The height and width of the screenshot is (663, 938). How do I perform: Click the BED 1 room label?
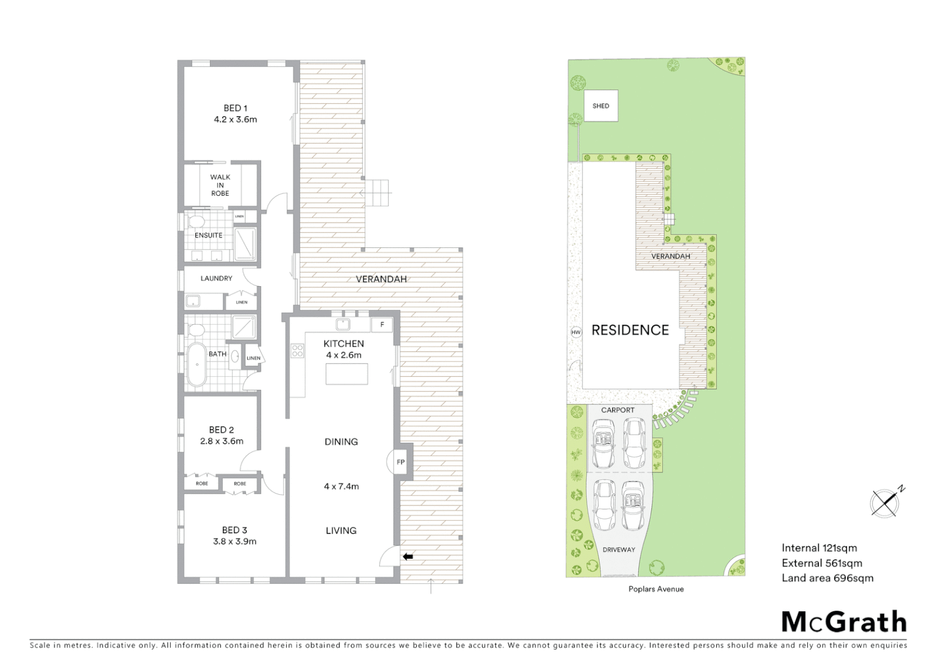[x=235, y=109]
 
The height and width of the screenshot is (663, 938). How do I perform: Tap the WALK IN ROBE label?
[x=220, y=185]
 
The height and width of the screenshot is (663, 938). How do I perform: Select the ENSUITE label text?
[x=209, y=235]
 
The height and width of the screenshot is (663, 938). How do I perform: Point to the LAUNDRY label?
[x=216, y=278]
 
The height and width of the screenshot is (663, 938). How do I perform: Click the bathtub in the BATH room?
[x=196, y=365]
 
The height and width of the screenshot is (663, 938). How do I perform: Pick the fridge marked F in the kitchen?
[x=382, y=324]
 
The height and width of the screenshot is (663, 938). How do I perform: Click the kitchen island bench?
[x=347, y=374]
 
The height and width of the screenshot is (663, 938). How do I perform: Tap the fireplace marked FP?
[x=400, y=462]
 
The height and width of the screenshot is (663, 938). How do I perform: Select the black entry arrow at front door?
[x=408, y=557]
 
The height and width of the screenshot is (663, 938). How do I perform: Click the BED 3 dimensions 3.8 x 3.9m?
[x=234, y=541]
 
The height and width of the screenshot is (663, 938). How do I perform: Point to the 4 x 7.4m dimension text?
[x=341, y=486]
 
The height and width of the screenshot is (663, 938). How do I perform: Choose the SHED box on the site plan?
[x=600, y=106]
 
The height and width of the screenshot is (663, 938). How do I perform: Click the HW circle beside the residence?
[x=576, y=332]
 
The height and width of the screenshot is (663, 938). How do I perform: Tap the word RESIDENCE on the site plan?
[x=630, y=330]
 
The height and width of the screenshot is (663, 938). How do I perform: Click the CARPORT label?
[x=618, y=410]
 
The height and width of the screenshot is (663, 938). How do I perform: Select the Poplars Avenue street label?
[x=656, y=589]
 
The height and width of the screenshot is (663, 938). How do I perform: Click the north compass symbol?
[x=884, y=503]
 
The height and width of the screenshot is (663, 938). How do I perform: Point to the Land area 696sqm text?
[x=827, y=578]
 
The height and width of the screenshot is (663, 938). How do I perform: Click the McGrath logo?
[x=844, y=622]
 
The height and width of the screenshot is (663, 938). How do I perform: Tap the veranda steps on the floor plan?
[x=378, y=193]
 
